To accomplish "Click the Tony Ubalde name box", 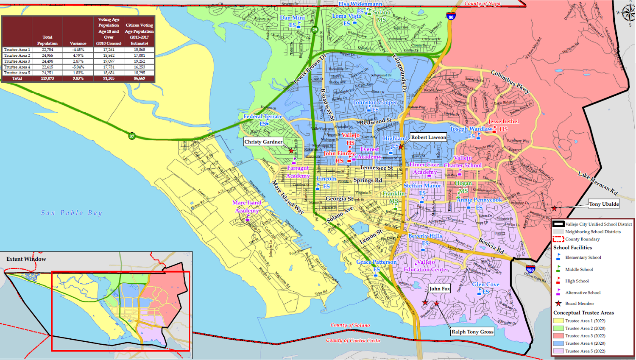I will pyautogui.click(x=604, y=204).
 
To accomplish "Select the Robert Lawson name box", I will pyautogui.click(x=428, y=137).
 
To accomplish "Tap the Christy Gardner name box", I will pyautogui.click(x=263, y=142).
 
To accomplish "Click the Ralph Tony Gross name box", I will pyautogui.click(x=472, y=332).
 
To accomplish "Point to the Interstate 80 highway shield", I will pyautogui.click(x=450, y=17).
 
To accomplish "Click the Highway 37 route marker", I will pyautogui.click(x=132, y=136).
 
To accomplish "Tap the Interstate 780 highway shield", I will pyautogui.click(x=530, y=269).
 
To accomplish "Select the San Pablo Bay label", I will pyautogui.click(x=72, y=213).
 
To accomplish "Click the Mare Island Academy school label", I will pyautogui.click(x=247, y=207).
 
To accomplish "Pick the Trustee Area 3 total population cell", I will pyautogui.click(x=47, y=61).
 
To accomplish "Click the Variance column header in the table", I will pyautogui.click(x=78, y=43).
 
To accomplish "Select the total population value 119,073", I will pyautogui.click(x=47, y=78).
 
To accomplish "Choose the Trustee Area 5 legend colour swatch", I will pyautogui.click(x=558, y=351).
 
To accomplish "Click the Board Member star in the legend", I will pyautogui.click(x=558, y=303).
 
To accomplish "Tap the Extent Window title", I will pyautogui.click(x=26, y=259).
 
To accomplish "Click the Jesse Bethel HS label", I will pyautogui.click(x=503, y=125).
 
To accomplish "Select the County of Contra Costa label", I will pyautogui.click(x=353, y=340).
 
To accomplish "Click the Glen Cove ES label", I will pyautogui.click(x=485, y=287).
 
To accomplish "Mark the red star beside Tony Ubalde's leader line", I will pyautogui.click(x=554, y=209).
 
